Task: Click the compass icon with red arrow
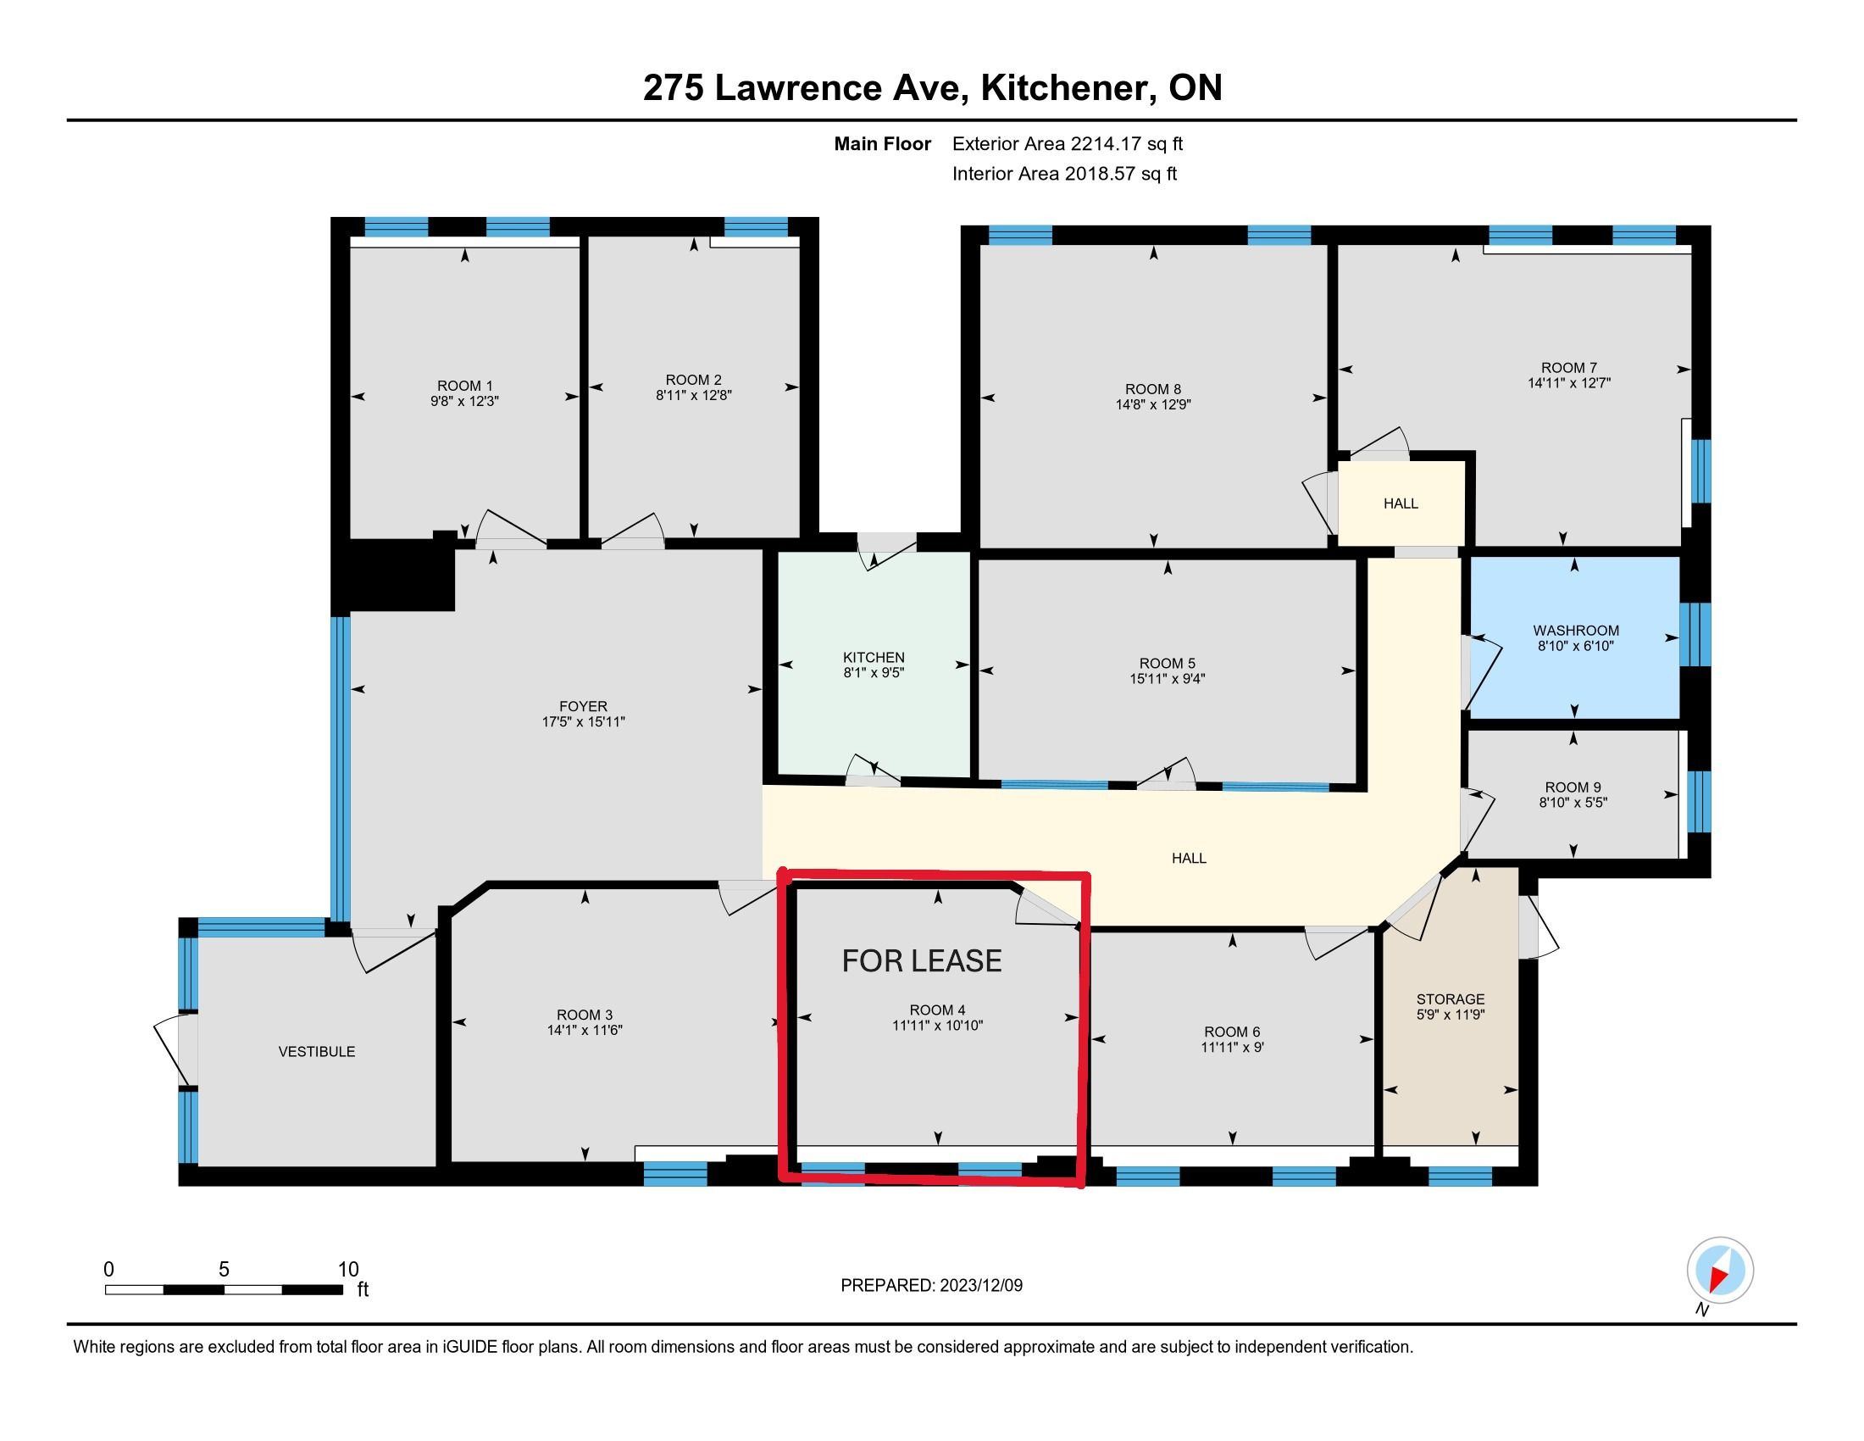(x=1720, y=1271)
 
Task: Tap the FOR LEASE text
(x=922, y=961)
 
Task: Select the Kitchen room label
(x=873, y=657)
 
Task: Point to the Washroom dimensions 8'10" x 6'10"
(x=1576, y=646)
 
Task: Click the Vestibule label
(x=317, y=1052)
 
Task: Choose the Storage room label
(x=1450, y=999)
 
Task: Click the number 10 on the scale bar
(x=348, y=1270)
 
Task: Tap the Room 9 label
(x=1573, y=787)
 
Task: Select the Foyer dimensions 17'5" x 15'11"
(x=584, y=722)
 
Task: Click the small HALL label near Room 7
(x=1401, y=504)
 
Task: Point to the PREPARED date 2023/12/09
(x=980, y=1286)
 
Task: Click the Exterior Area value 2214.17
(x=1106, y=144)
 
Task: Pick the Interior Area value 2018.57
(x=1100, y=174)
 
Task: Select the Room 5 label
(x=1167, y=664)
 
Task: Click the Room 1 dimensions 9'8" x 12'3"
(x=464, y=400)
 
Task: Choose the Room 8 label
(x=1153, y=389)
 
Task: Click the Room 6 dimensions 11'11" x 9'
(x=1233, y=1048)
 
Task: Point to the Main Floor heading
(x=883, y=144)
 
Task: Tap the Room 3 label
(x=585, y=1015)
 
